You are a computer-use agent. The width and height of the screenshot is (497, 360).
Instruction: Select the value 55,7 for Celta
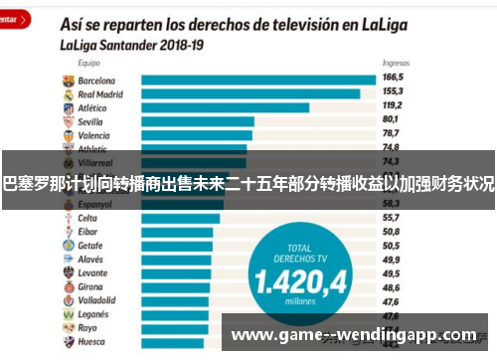pyautogui.click(x=391, y=217)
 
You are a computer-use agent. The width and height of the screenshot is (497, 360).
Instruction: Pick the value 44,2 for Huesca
pyautogui.click(x=391, y=341)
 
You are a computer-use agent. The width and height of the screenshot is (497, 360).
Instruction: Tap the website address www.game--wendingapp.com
pyautogui.click(x=353, y=335)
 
